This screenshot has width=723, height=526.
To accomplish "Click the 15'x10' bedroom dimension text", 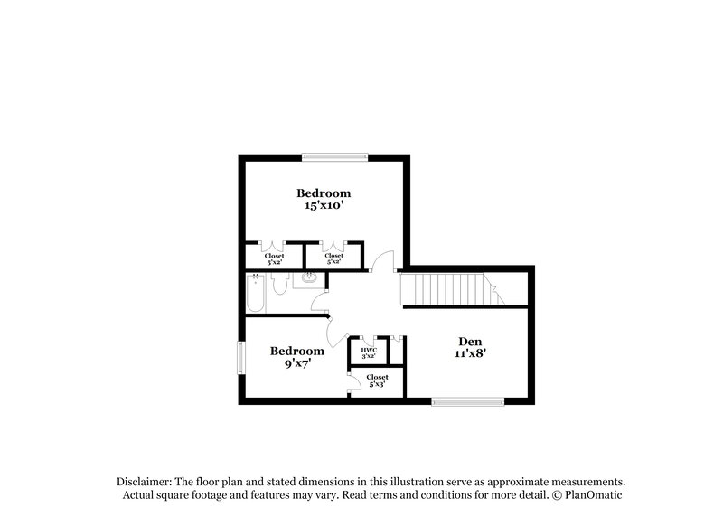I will click(324, 206).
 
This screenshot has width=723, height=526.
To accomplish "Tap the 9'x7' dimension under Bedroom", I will click(297, 364).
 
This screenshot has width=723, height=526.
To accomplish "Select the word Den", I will click(470, 341).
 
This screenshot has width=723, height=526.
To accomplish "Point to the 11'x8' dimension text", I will click(470, 354).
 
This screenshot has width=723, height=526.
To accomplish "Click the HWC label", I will click(369, 350).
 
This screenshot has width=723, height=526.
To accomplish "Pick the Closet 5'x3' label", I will click(377, 380).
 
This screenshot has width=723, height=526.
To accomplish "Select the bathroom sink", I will click(309, 279).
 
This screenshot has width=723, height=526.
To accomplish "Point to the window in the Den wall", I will click(467, 401).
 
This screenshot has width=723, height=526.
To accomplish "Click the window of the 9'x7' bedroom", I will click(240, 357).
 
